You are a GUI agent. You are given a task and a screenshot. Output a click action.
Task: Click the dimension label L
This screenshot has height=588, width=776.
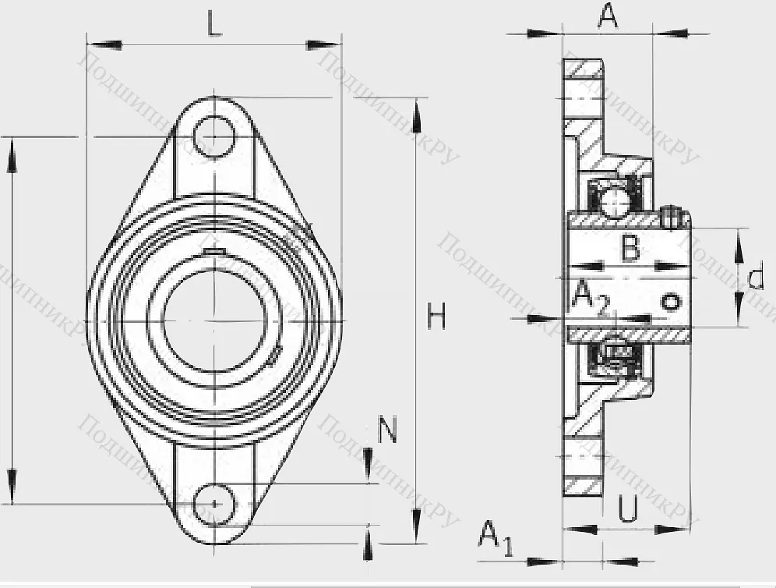tap(215, 25)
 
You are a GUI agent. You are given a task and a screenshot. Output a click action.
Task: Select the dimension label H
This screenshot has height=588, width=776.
tap(437, 317)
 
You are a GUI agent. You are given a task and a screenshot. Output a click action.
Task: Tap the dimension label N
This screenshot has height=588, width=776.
tap(388, 430)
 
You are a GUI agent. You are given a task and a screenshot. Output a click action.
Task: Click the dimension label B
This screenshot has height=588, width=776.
tap(630, 250)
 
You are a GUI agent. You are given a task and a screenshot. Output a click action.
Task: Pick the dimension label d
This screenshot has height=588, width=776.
tap(755, 278)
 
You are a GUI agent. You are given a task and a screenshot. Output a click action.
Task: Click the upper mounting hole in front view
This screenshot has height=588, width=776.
tap(214, 137)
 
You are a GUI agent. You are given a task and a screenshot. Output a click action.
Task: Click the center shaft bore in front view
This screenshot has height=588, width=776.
tap(214, 321)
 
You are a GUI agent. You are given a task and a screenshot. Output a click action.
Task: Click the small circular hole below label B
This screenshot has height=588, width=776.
tap(670, 302)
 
